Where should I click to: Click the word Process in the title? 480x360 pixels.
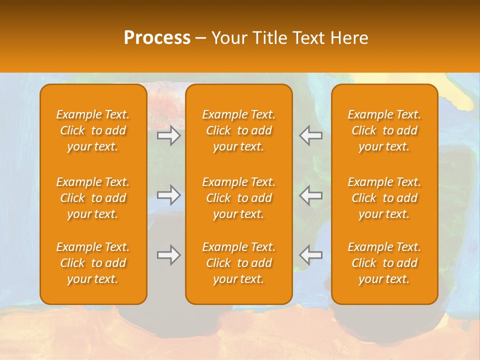[x=157, y=38]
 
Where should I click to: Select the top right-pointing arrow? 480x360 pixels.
[x=168, y=135]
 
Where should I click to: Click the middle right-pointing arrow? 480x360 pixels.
[x=168, y=195]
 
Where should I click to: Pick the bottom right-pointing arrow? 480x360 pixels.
[x=168, y=255]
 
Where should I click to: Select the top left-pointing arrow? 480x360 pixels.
[x=311, y=135]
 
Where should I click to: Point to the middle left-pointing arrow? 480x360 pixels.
[x=311, y=195]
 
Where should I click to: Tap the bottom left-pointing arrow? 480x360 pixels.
[x=311, y=255]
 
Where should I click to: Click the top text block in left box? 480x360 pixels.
[x=93, y=130]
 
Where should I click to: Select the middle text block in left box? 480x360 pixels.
[x=93, y=198]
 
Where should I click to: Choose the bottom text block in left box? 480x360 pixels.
[x=93, y=263]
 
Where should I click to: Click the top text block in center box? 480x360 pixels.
[x=238, y=130]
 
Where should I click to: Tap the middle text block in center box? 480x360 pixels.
[x=238, y=198]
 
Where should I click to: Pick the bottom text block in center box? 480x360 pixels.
[x=238, y=263]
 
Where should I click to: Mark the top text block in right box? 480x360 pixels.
[x=384, y=130]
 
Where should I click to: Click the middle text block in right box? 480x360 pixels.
[x=384, y=198]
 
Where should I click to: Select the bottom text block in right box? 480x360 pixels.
[x=384, y=263]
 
